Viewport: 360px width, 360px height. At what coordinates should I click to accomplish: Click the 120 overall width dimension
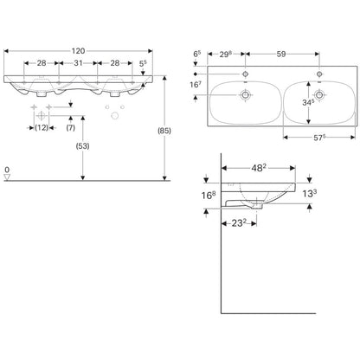tap(78, 51)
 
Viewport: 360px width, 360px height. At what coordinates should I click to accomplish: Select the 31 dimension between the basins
tap(78, 63)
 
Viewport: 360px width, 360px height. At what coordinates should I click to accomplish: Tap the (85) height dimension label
tap(164, 131)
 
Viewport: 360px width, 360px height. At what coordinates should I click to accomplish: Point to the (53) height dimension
tap(82, 146)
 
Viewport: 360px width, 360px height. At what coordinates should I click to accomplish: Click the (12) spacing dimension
tap(42, 127)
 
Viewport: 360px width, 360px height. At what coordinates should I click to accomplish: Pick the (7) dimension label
tap(71, 127)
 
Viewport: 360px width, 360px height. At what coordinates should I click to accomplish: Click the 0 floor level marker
tap(7, 170)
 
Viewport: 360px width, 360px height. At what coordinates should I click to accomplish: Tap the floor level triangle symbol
tap(7, 177)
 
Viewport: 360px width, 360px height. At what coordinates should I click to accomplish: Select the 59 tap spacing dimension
tap(281, 54)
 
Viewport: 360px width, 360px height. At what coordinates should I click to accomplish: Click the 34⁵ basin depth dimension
tap(308, 102)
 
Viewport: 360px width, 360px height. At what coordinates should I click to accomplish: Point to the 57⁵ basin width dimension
tap(319, 138)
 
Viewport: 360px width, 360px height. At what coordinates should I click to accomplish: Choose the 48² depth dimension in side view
tap(259, 168)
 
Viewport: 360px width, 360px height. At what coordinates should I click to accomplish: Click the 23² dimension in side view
tap(239, 223)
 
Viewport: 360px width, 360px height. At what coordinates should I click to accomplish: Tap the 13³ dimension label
tap(310, 194)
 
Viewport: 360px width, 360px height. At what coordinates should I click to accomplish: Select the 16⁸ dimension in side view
tap(209, 196)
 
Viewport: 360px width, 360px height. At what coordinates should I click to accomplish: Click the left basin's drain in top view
tap(246, 94)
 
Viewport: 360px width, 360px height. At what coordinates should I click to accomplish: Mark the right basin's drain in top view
tap(319, 94)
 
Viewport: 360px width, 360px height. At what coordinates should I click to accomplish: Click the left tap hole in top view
tap(246, 74)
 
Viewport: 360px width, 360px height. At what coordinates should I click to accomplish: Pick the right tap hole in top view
tap(319, 74)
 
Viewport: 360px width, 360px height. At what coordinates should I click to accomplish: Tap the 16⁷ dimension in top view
tap(196, 85)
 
